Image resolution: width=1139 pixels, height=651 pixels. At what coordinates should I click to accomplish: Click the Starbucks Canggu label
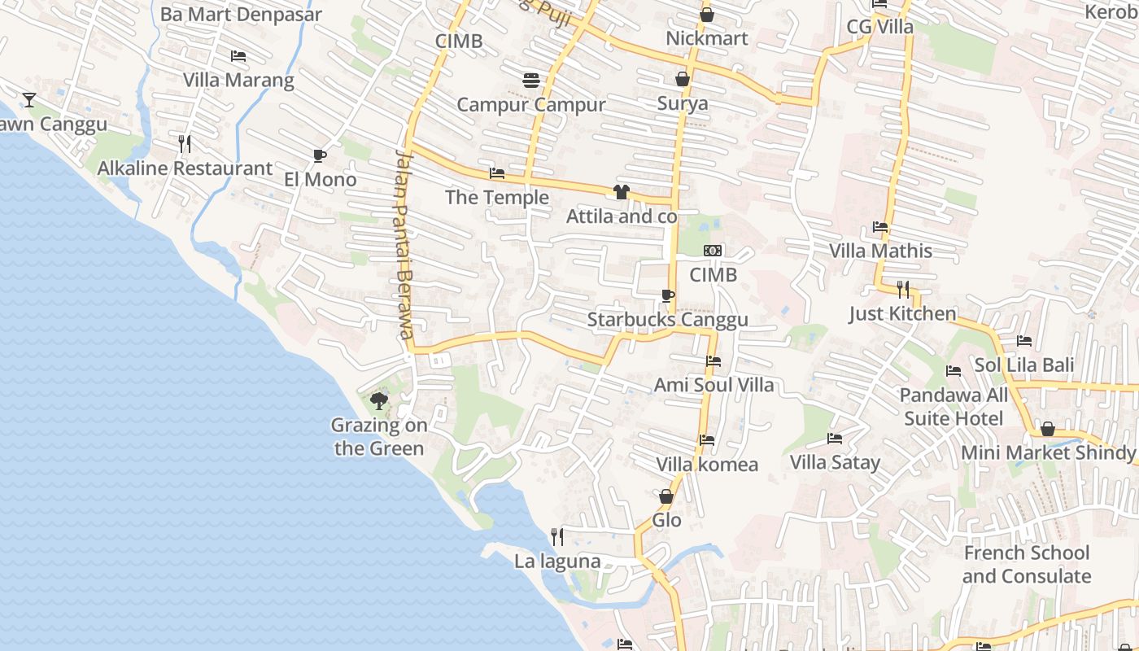667,320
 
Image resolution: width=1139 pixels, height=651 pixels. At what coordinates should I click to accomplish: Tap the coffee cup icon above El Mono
320,155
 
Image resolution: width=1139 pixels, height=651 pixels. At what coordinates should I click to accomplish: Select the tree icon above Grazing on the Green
378,400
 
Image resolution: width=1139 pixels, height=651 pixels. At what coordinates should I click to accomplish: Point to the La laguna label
557,561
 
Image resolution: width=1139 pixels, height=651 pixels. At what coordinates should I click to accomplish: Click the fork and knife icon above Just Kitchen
902,289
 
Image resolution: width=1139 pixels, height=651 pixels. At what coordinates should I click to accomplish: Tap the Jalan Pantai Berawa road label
404,244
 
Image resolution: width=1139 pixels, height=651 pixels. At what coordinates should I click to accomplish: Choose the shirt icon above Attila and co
622,192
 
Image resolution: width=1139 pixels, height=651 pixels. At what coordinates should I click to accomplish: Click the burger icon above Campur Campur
531,80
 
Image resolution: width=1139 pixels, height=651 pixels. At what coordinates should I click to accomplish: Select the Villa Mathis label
880,251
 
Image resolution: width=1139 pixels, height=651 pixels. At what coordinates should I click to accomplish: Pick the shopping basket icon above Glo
666,496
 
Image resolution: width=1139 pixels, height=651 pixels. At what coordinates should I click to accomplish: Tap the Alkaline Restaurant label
185,168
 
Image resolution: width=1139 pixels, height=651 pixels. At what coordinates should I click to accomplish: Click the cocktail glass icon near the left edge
29,100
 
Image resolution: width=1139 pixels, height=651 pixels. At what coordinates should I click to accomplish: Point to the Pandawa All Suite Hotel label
954,407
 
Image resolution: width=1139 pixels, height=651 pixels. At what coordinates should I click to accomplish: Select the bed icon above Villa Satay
835,439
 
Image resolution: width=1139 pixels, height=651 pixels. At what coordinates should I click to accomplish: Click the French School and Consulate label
1027,565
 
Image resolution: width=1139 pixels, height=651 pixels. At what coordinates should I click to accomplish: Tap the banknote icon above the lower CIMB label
713,251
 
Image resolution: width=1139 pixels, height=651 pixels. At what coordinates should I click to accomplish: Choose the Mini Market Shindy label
1048,452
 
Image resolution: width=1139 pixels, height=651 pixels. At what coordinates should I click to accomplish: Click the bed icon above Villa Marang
238,56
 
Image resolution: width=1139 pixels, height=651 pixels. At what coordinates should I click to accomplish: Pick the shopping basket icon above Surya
682,79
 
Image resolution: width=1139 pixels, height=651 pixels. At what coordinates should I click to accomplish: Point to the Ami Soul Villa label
714,384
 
